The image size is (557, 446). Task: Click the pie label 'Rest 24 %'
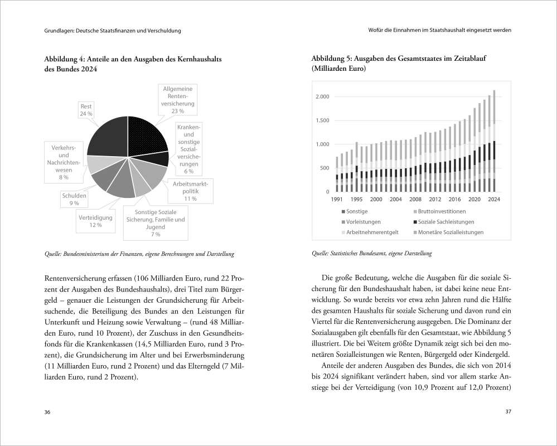coord(86,109)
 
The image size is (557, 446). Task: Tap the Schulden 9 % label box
coord(70,200)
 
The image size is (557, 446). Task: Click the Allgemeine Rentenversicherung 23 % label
coord(178,100)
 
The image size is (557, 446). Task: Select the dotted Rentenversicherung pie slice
coord(146,133)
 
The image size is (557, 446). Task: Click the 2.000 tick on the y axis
coord(322,97)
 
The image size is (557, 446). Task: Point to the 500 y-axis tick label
coord(324,168)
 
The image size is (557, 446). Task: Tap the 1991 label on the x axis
coord(337,199)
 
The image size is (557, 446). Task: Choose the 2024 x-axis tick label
coord(493,199)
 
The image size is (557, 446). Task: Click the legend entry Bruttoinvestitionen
coord(441,212)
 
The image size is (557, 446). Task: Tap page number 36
coord(47,412)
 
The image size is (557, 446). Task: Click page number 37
coord(508,412)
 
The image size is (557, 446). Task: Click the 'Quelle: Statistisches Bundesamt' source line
coord(371,254)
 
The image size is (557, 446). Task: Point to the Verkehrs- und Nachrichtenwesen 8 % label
coord(63,162)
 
